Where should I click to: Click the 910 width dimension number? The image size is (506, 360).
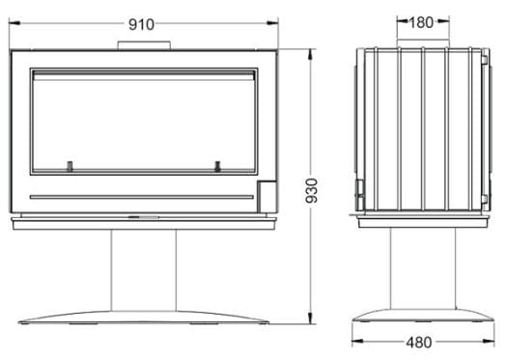pos(141,24)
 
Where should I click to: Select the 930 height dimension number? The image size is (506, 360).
pos(311,190)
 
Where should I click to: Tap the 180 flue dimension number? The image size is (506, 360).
pos(421,22)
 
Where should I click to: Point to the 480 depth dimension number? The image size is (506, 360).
pos(418,343)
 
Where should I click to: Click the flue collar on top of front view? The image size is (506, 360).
pos(144,45)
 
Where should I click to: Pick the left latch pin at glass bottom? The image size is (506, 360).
pos(70,166)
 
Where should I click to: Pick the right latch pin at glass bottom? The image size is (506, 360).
pos(218,166)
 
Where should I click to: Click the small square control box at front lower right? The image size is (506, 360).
pos(267,197)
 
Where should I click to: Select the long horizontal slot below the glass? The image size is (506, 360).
pos(142,197)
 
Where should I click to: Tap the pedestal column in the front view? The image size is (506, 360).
pos(144,270)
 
